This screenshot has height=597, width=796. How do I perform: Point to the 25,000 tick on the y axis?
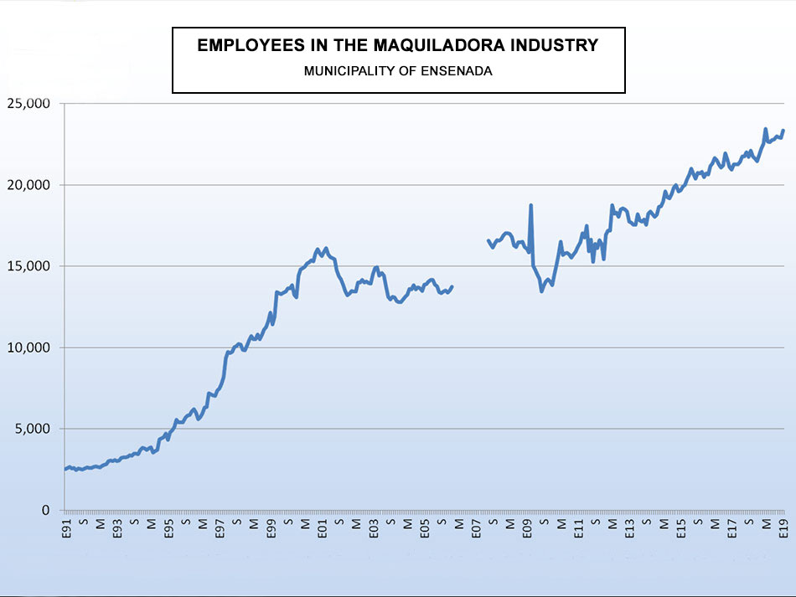(x=29, y=103)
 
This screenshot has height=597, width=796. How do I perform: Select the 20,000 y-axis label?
(x=29, y=184)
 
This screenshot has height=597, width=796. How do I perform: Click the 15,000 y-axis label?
(x=29, y=265)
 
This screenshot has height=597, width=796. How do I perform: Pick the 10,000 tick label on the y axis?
(x=29, y=347)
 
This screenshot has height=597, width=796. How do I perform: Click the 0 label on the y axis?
(x=45, y=510)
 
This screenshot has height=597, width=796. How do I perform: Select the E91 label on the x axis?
(x=66, y=528)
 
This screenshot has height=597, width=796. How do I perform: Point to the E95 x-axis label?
(x=168, y=528)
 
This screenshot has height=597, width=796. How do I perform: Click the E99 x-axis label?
(x=271, y=528)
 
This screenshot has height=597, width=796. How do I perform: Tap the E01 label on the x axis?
(x=323, y=528)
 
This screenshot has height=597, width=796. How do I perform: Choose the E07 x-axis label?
(x=476, y=528)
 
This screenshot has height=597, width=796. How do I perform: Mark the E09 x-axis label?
(x=527, y=528)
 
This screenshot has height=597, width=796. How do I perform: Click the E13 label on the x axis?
(x=629, y=528)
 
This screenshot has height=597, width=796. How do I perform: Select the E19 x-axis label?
(x=783, y=528)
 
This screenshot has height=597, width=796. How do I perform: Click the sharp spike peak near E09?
(x=531, y=205)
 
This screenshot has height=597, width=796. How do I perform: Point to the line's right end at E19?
(x=783, y=131)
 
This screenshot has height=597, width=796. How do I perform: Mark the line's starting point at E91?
(x=65, y=469)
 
